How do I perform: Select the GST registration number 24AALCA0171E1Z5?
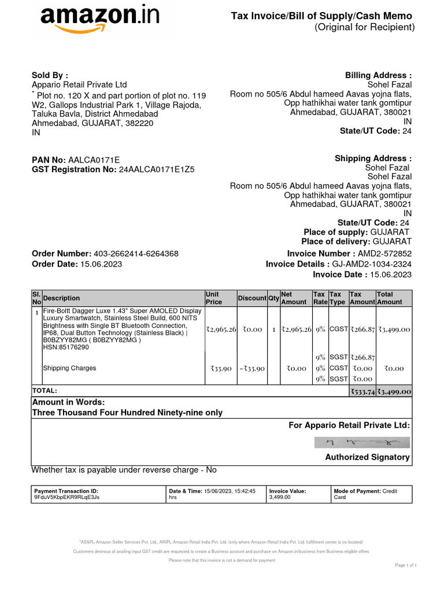click(x=157, y=170)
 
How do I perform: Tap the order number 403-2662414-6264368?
click(x=136, y=254)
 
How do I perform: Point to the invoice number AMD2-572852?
click(x=385, y=254)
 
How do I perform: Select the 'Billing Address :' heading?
click(x=378, y=76)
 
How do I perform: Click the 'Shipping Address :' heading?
click(x=373, y=158)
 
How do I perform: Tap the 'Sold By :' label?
click(x=49, y=75)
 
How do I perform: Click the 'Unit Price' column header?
click(x=214, y=298)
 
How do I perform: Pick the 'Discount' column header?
click(x=252, y=298)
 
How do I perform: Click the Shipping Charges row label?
click(x=70, y=368)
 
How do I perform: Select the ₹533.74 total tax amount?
click(x=362, y=391)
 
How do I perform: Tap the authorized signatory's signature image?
click(x=362, y=443)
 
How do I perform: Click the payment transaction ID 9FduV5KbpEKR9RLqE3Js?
click(x=67, y=497)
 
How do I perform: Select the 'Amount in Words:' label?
click(x=68, y=402)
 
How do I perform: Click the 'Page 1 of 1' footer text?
click(x=406, y=565)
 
